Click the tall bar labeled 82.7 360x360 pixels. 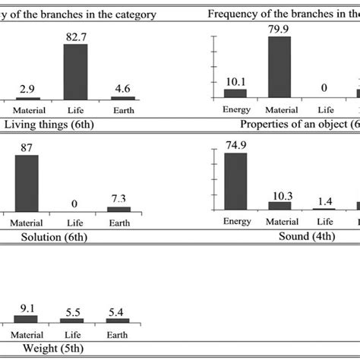click(75, 71)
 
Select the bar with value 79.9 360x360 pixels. click(279, 68)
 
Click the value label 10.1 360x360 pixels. click(235, 82)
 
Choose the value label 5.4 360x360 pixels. click(118, 311)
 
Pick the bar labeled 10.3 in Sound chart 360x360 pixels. click(279, 205)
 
